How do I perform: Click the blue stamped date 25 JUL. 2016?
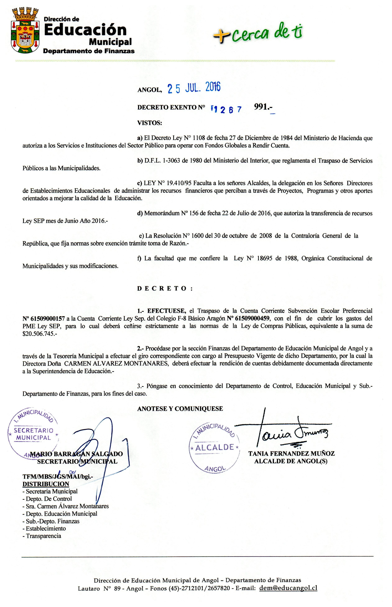coord(194,88)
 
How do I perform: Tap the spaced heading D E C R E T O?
coord(165,288)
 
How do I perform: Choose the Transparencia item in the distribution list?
coord(43,536)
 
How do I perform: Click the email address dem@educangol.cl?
coord(288,588)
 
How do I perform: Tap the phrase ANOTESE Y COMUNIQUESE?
coord(180,409)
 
